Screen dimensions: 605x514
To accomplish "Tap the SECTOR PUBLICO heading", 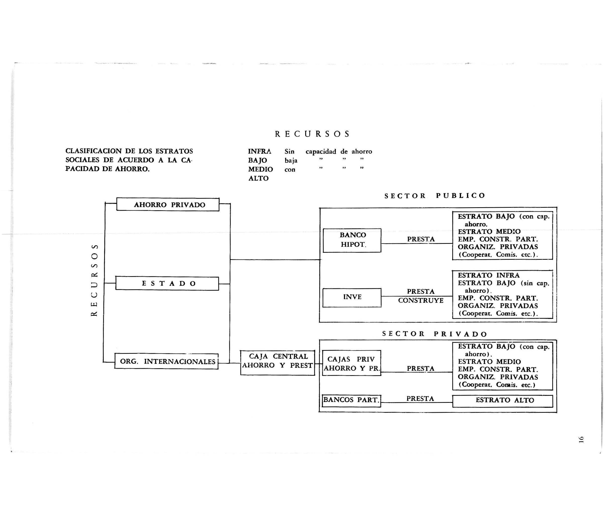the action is tap(435, 196).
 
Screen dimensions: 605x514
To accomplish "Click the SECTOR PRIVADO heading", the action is tap(434, 334).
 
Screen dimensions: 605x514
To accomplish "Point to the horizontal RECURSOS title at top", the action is tap(312, 134).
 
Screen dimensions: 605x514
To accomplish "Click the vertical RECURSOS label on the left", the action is tap(94, 280).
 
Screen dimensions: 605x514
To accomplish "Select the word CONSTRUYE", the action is tap(421, 301).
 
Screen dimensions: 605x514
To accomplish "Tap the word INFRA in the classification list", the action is tap(260, 152).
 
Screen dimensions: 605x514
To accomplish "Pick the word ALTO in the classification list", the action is tap(258, 178).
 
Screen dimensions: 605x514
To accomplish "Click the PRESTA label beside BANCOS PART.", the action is tap(420, 399).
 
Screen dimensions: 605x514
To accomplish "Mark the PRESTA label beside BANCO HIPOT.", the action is tap(421, 239).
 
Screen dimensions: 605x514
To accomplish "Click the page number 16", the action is tap(581, 440).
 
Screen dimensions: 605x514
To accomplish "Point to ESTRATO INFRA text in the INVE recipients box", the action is tap(488, 275).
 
